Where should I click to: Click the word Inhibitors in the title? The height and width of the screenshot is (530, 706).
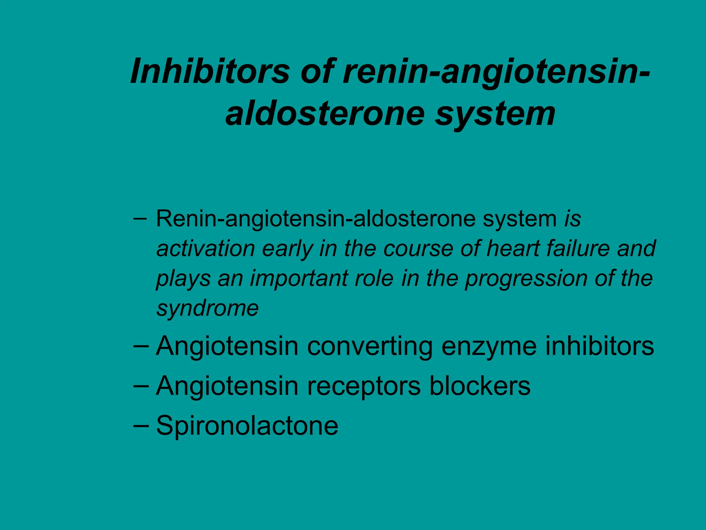(210, 71)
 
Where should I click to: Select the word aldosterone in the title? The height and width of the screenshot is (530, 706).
(325, 113)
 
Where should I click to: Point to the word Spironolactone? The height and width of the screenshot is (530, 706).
(247, 425)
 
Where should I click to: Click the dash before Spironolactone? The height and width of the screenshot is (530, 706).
(141, 425)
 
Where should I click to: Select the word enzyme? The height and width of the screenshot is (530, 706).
(488, 346)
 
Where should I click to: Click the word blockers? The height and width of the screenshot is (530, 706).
(480, 386)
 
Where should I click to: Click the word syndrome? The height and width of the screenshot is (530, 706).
(207, 308)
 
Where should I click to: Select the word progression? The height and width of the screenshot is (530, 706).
(526, 279)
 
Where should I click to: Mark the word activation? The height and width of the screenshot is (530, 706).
(205, 248)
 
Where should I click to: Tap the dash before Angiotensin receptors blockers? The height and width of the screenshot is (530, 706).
(141, 386)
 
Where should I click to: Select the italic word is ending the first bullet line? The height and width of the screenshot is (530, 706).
(572, 219)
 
